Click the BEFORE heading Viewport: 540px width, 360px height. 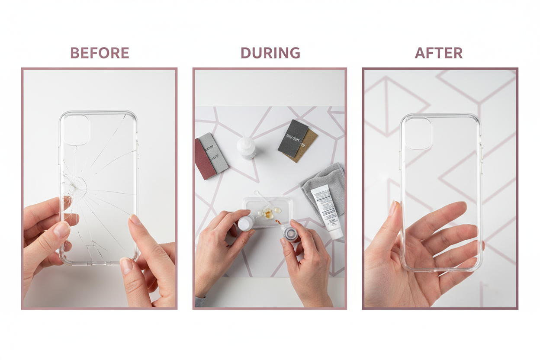(x=100, y=53)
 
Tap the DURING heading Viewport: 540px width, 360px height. (x=270, y=53)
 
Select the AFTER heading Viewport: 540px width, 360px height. (x=438, y=53)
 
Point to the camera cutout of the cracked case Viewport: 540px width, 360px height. (x=77, y=129)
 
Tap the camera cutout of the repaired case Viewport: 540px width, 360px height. (x=418, y=133)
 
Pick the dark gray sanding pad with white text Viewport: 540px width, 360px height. (x=292, y=138)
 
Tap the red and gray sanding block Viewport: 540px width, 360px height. (x=211, y=155)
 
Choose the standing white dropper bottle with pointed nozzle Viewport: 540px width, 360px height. (x=246, y=148)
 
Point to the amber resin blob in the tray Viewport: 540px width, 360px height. (x=268, y=213)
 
